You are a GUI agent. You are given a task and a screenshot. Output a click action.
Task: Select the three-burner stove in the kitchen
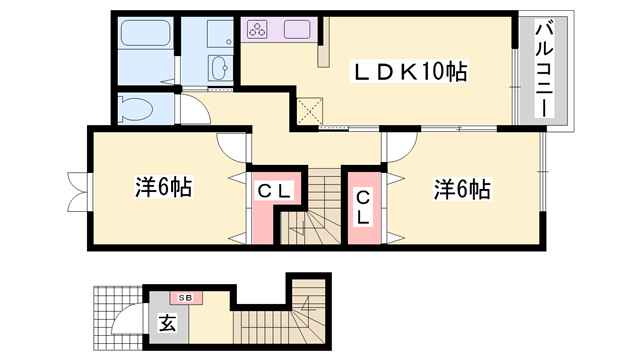258,29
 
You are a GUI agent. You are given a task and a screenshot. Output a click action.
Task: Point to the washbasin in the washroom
220,69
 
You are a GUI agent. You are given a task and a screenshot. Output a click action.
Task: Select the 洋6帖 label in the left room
163,187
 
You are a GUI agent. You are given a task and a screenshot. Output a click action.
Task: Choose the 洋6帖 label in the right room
462,187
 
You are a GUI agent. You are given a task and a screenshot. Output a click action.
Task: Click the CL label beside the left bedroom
272,191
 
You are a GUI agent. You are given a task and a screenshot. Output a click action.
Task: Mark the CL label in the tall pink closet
363,206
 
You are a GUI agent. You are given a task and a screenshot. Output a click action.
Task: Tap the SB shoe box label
185,297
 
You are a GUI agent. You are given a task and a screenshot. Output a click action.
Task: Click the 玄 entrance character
165,322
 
